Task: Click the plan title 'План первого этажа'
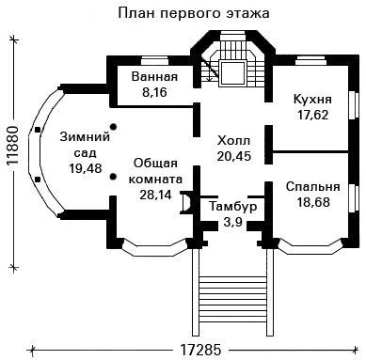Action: click(x=194, y=14)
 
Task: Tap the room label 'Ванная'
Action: click(x=154, y=77)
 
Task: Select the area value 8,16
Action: click(x=154, y=93)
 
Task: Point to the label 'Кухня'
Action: click(x=312, y=100)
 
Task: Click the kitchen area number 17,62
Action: click(x=312, y=115)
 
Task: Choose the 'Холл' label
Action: click(x=233, y=140)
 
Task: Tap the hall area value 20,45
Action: click(x=234, y=156)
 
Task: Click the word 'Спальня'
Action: click(x=312, y=187)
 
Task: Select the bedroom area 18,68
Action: click(x=313, y=202)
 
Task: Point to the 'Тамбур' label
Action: click(x=233, y=207)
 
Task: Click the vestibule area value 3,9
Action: click(x=232, y=223)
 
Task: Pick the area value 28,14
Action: click(x=155, y=195)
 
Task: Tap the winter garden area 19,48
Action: click(x=86, y=168)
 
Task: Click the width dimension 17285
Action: click(x=200, y=350)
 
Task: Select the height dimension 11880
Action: click(x=12, y=146)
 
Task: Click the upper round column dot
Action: click(x=113, y=127)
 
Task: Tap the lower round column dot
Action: click(x=113, y=177)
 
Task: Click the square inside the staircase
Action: click(x=232, y=73)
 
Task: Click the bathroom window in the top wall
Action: click(x=153, y=60)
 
